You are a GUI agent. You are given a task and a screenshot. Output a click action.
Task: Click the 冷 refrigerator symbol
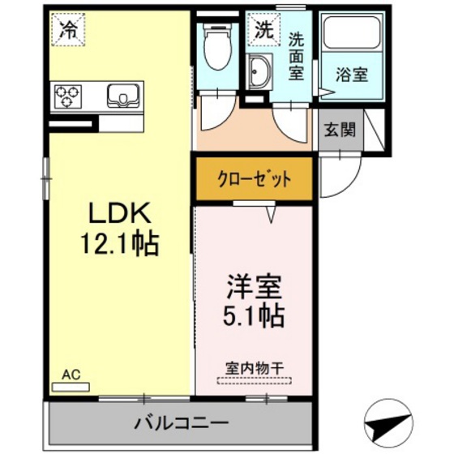click(x=69, y=30)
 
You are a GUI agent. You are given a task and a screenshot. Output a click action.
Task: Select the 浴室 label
click(x=353, y=74)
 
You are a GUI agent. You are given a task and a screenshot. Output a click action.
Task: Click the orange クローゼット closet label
click(x=253, y=179)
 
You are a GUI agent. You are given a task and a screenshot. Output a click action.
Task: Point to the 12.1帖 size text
click(x=120, y=242)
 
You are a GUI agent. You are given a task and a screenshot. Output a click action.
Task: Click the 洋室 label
click(x=255, y=289)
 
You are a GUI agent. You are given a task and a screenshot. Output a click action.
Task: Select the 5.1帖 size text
click(x=255, y=316)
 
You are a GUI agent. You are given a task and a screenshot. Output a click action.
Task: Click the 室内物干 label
click(x=255, y=367)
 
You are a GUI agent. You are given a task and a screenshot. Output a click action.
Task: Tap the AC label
click(x=71, y=374)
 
